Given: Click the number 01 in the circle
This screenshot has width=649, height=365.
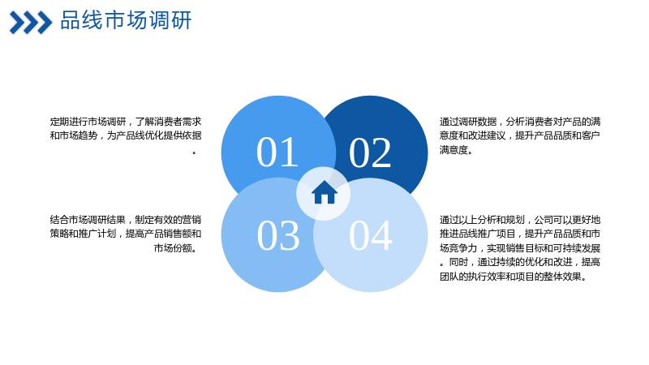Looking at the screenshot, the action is pos(277,152).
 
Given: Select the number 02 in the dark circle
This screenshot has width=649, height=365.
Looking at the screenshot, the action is pos(370,152).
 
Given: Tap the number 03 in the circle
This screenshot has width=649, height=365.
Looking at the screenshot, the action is pos(278,235).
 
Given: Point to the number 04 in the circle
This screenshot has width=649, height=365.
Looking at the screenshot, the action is pos(371,235).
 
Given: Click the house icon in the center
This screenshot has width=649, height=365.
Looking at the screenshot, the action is pos(324,192).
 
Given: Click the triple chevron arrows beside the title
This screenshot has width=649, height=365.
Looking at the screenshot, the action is pos(31,23).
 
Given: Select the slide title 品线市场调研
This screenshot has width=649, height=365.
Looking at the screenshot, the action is pos(127,20).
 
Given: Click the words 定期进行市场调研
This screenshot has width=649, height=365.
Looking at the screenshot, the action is pos(88,122).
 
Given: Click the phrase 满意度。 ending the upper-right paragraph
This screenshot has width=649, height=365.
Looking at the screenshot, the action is pos(456,149).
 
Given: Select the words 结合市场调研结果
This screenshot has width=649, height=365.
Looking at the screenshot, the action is pos(88,220).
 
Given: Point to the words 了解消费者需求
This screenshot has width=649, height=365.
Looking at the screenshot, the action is pos(169,122).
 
